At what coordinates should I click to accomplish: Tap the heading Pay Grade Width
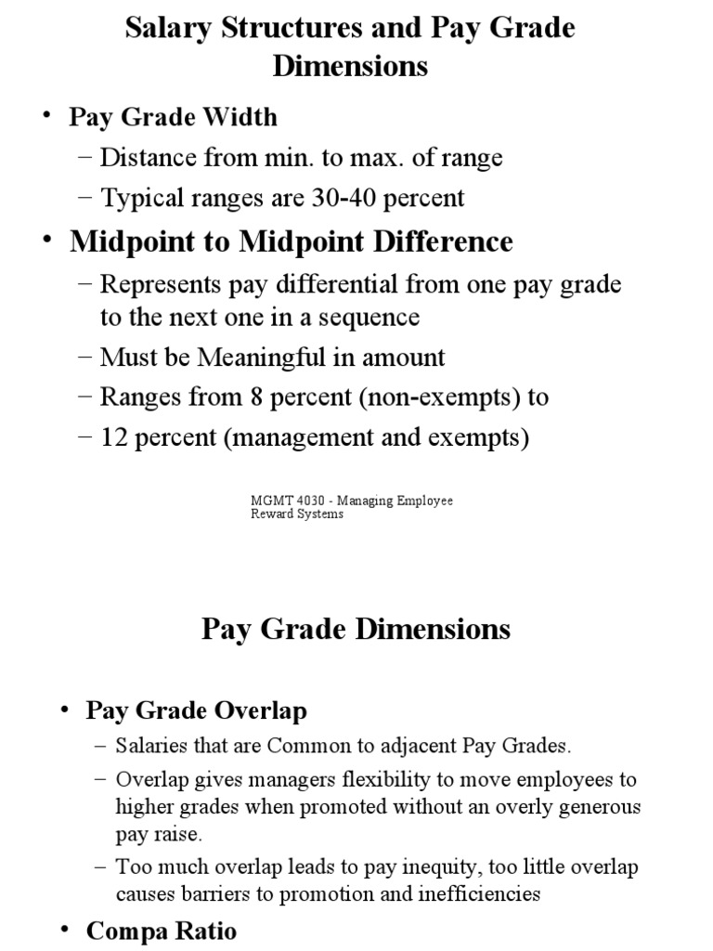point(173,117)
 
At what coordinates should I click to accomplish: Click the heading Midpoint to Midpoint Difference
point(291,241)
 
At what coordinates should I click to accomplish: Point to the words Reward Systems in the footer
point(297,514)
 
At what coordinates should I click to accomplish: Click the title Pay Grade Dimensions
point(356,629)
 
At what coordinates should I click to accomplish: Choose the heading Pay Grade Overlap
point(196,710)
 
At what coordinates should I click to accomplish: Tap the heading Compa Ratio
point(161,931)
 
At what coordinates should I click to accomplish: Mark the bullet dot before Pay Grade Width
point(46,117)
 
